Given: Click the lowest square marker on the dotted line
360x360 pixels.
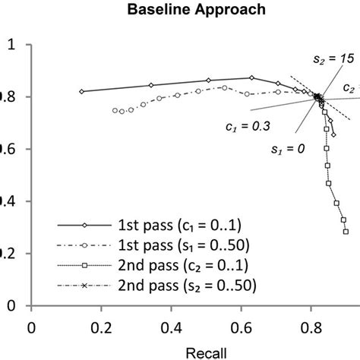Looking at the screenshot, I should point(346,232).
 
